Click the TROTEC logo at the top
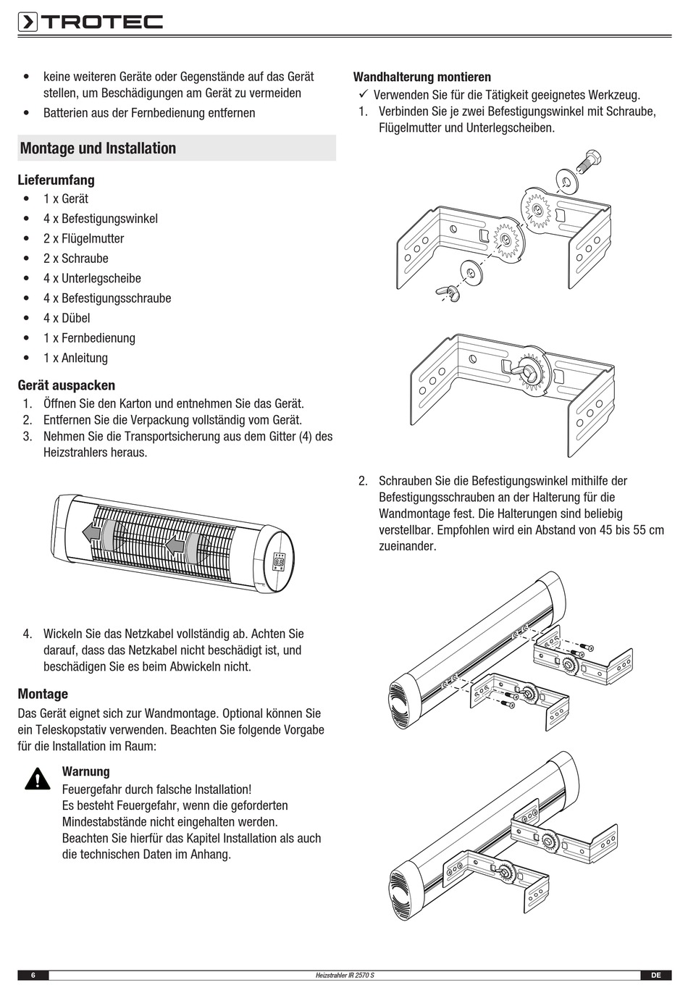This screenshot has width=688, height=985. pos(90,22)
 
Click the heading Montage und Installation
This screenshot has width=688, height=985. pos(98,148)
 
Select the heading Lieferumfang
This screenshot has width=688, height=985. pos(56,180)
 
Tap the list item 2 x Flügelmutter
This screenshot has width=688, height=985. pos(83,238)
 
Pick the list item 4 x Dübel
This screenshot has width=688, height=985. pos(67,318)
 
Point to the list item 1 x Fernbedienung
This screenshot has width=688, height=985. pos(89,338)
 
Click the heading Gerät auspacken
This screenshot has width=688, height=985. pos(67,385)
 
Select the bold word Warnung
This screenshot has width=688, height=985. pos(86,771)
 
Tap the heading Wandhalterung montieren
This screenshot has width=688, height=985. pos(421,77)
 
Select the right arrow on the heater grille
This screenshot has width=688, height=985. pos(175,544)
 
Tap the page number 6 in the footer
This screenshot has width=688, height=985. pos(33,976)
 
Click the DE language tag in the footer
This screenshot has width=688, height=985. pos(656,976)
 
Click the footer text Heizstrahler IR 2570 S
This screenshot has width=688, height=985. pos(345,976)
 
